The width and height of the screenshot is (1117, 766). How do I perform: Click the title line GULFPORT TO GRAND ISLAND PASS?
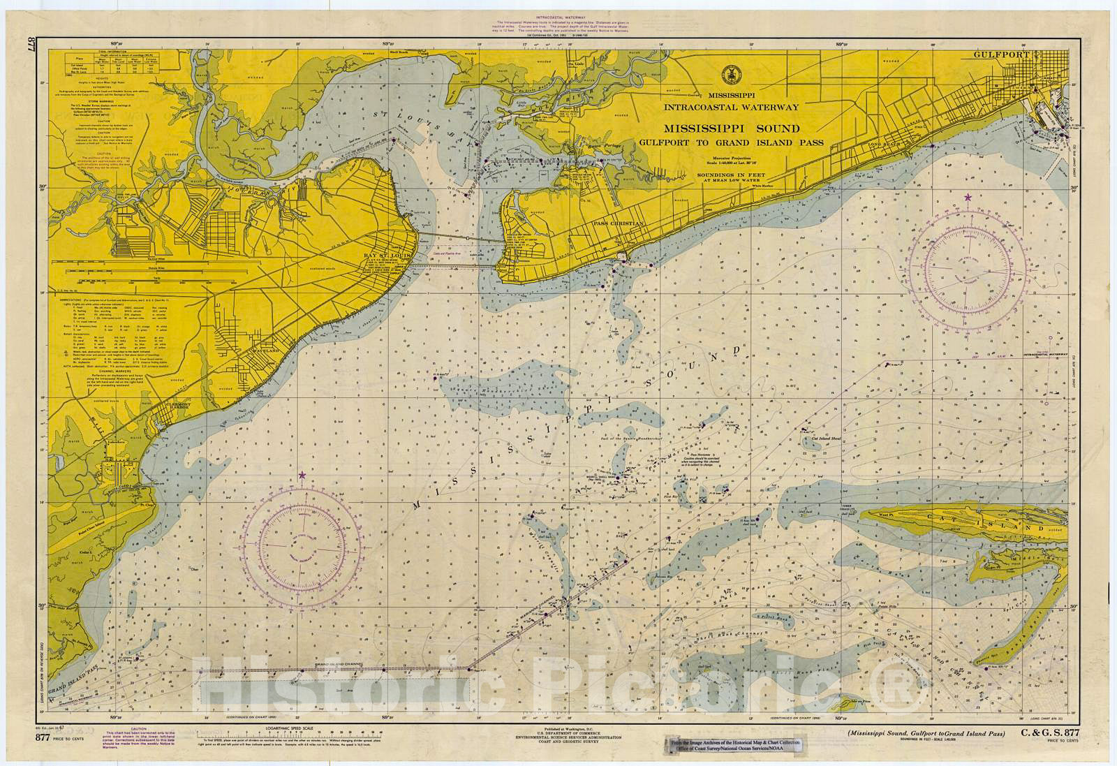pyautogui.click(x=731, y=142)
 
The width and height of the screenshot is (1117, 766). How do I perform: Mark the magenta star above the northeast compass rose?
pyautogui.click(x=968, y=198)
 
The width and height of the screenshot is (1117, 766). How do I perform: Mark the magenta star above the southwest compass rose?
pyautogui.click(x=302, y=475)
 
